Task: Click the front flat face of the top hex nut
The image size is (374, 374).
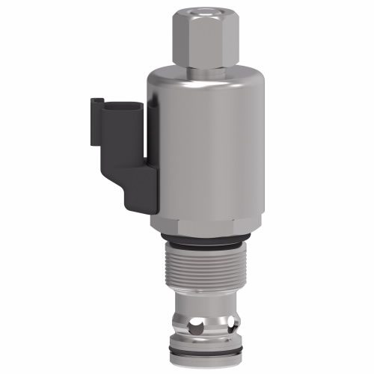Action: click(203, 37)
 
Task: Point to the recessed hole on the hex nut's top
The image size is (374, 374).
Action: click(203, 12)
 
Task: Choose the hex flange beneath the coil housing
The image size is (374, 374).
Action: click(202, 224)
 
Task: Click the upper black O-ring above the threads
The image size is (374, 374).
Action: click(202, 242)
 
